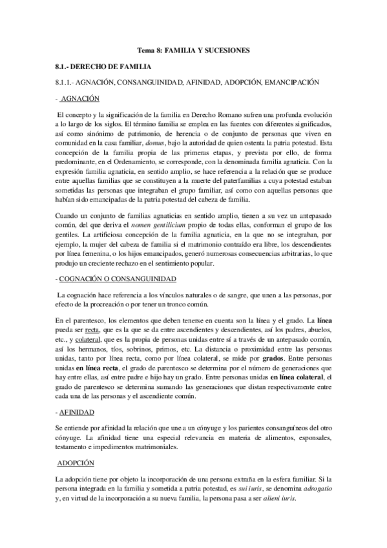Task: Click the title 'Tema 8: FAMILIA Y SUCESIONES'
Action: click(193, 50)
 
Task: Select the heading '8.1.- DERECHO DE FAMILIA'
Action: click(103, 67)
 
